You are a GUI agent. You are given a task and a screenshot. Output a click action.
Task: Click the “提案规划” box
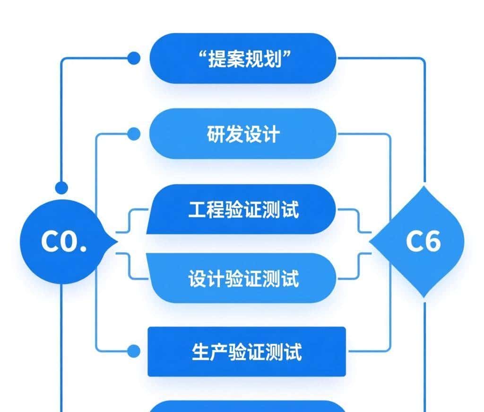(243, 59)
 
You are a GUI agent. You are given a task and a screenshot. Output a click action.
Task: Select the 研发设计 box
(243, 134)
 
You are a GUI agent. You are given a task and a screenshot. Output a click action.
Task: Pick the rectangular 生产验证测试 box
(247, 352)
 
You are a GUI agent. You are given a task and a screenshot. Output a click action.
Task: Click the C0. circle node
(64, 242)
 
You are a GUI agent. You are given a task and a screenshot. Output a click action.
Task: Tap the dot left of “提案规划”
(134, 58)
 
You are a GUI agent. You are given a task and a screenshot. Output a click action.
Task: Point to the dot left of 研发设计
(134, 134)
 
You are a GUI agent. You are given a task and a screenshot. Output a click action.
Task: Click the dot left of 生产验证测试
(134, 351)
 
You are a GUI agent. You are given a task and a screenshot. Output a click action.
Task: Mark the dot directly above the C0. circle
(61, 188)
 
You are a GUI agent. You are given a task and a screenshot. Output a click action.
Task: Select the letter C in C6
(414, 242)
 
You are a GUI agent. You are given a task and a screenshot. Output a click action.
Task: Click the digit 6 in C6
(432, 242)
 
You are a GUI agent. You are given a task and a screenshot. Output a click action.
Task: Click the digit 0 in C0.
(69, 242)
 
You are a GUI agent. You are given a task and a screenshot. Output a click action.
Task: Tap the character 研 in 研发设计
(216, 134)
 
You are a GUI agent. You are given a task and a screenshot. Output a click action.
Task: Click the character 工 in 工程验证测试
(197, 210)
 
